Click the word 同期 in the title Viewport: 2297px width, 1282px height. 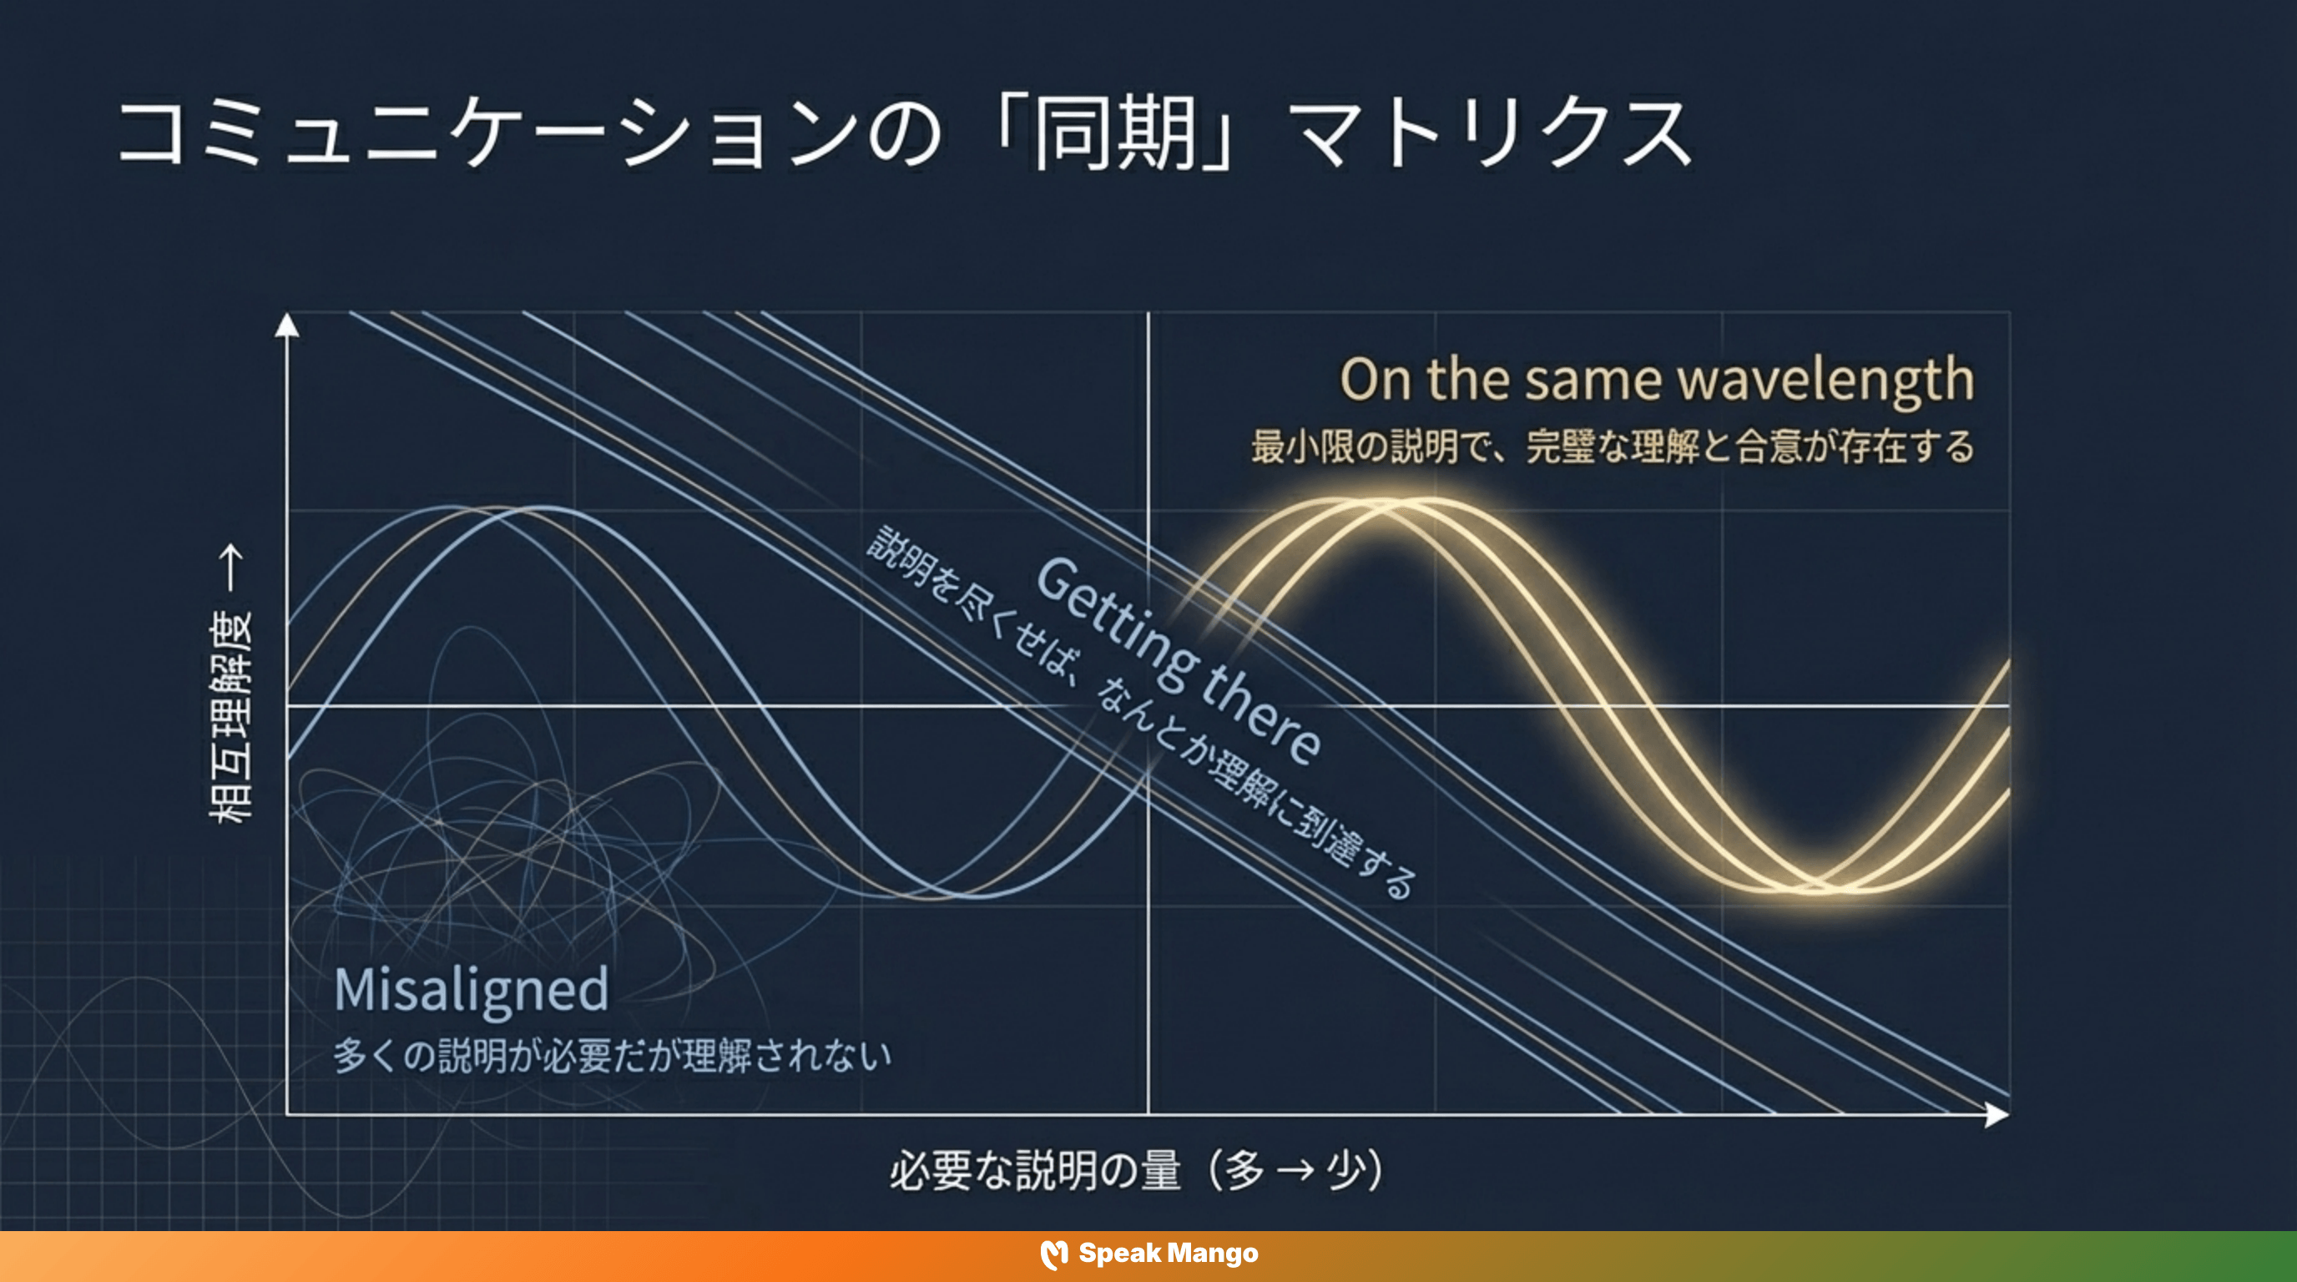coord(1114,134)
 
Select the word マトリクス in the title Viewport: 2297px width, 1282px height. coord(1493,134)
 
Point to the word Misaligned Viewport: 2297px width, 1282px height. coord(471,990)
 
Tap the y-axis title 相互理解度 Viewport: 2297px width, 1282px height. coord(230,718)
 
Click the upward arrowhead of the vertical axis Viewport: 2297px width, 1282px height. coord(286,326)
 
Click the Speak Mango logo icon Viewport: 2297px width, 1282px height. coord(1054,1254)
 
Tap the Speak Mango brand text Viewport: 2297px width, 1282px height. coord(1169,1254)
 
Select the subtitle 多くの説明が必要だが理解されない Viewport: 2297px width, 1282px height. coord(613,1057)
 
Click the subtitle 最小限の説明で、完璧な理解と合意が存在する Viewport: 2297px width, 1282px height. coord(1613,447)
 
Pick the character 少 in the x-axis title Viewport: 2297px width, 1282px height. coord(1347,1170)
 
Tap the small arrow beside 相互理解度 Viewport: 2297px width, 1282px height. coord(231,568)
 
